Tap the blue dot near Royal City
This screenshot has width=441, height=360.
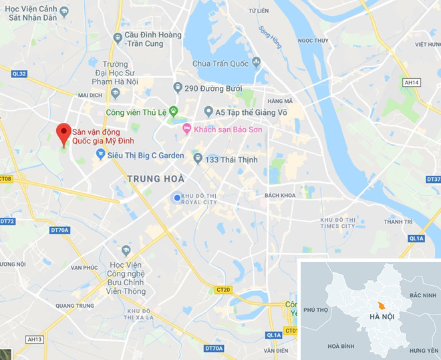click(x=176, y=197)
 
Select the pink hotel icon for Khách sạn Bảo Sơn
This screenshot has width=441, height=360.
click(x=187, y=128)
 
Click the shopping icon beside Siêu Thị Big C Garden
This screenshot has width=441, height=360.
click(x=100, y=154)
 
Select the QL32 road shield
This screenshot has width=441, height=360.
click(x=19, y=73)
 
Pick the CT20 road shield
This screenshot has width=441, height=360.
click(x=223, y=289)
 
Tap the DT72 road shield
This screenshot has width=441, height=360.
click(x=7, y=220)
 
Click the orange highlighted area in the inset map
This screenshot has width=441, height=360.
click(x=381, y=305)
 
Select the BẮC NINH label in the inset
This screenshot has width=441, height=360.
click(x=422, y=295)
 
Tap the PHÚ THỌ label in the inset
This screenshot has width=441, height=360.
click(x=316, y=310)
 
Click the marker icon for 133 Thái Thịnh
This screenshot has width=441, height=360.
click(x=198, y=158)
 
